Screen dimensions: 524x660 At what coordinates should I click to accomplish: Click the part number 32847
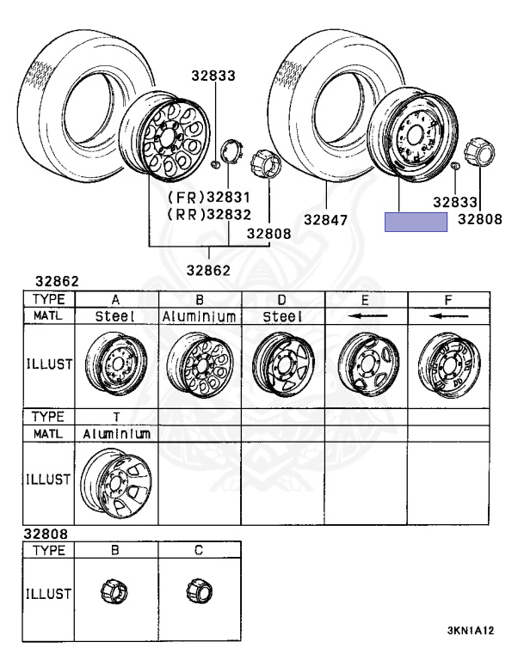coord(325,220)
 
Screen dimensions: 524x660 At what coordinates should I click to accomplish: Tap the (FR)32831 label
coord(209,197)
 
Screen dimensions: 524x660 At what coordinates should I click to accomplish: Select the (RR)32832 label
coord(209,215)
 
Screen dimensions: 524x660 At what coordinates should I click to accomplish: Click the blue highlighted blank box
coord(416,222)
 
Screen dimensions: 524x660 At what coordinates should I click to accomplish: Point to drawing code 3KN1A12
coord(470,631)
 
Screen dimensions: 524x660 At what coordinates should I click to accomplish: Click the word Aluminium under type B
coord(200,316)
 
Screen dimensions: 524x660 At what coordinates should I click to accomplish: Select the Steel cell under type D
coord(282,316)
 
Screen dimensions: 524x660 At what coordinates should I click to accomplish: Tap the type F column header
coord(448,300)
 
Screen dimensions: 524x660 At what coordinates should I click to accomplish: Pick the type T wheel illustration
coord(116,483)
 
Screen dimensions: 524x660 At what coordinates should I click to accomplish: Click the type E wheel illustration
coord(369,364)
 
